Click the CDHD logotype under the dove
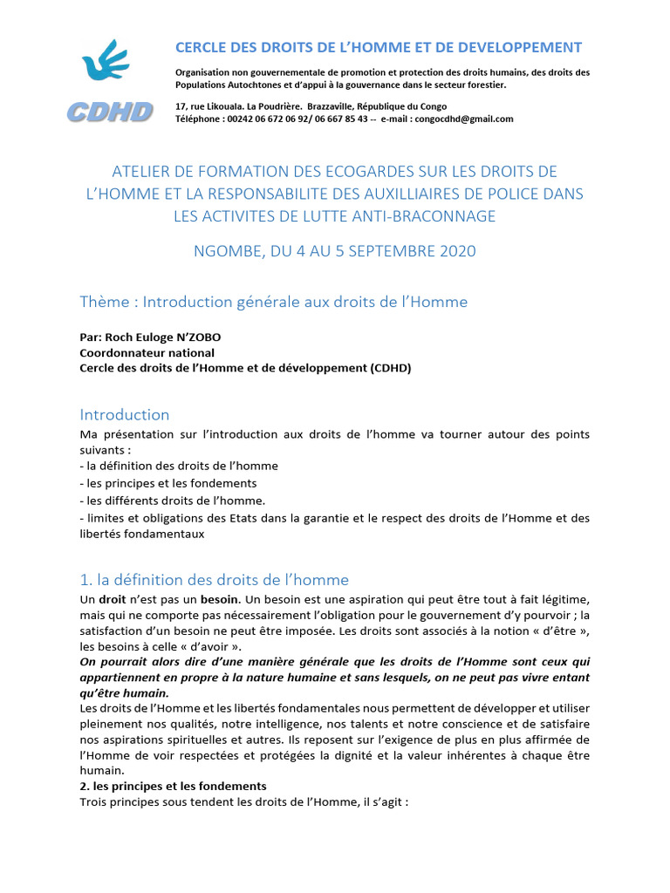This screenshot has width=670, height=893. (x=111, y=111)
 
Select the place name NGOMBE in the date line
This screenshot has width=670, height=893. (x=224, y=251)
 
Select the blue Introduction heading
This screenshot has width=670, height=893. (x=125, y=414)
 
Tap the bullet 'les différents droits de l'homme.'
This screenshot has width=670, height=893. (x=172, y=501)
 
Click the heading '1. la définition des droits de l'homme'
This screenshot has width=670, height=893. (x=214, y=579)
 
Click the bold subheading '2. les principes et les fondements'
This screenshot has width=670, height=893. (x=173, y=786)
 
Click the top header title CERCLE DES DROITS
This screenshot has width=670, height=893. (x=379, y=47)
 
